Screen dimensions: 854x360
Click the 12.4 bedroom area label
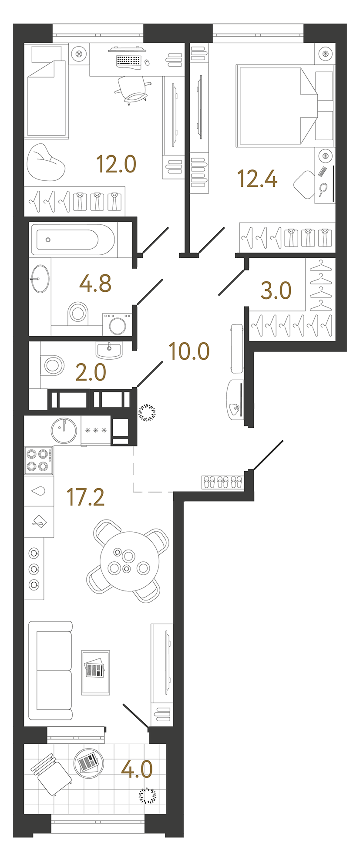coord(257,179)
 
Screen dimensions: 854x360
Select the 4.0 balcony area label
coord(137,769)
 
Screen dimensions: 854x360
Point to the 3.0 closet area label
coord(276,290)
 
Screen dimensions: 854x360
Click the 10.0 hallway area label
coord(189,351)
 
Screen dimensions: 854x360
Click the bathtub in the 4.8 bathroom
coord(73,240)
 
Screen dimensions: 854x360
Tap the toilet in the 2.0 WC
coord(52,365)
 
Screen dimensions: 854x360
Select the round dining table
coord(129,562)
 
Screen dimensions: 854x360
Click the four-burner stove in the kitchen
coord(38,460)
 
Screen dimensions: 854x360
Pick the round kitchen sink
coord(64,430)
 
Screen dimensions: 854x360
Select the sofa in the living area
coord(50,670)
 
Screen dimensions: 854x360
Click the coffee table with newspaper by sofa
coord(95,672)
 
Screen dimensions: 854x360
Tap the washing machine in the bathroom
coord(117,324)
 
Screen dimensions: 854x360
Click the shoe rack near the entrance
coord(222,482)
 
